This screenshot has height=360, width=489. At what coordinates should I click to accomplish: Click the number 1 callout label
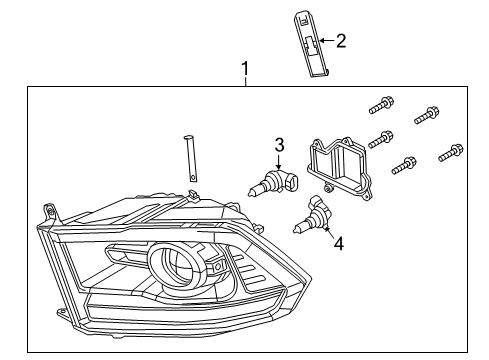pos(243,70)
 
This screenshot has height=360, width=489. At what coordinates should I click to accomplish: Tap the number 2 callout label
pos(342,41)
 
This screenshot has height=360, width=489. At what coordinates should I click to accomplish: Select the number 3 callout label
pos(280,143)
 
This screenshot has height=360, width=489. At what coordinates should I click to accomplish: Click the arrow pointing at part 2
pos(325,41)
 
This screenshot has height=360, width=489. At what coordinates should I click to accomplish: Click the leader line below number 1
pos(243,83)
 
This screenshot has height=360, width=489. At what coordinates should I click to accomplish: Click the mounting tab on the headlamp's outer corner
pos(47,211)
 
